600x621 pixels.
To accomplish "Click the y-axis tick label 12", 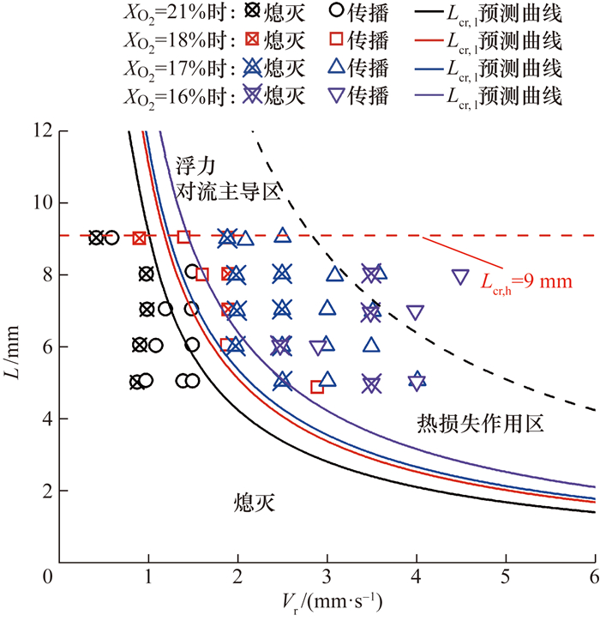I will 39,131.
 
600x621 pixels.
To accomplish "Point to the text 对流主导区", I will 229,190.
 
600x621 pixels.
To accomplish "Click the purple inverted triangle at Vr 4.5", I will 460,276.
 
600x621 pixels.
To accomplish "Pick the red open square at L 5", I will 317,387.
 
